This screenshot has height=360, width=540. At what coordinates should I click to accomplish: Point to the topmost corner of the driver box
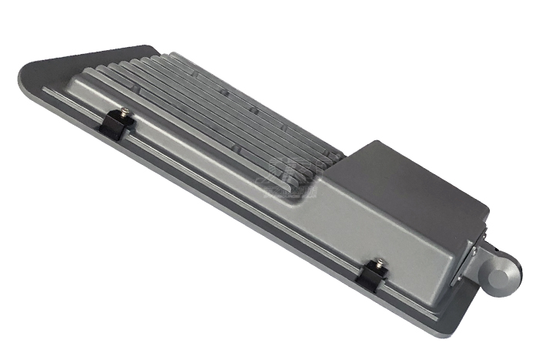pyautogui.click(x=373, y=143)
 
